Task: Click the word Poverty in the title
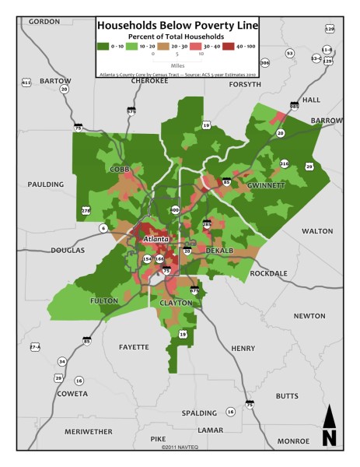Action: click(201, 25)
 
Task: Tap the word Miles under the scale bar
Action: click(180, 65)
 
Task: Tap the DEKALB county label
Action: click(221, 251)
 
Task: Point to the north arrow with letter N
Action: click(329, 427)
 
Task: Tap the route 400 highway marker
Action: click(174, 210)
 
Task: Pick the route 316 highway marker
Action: click(285, 163)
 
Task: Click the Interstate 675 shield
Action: click(194, 290)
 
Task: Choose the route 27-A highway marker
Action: click(34, 346)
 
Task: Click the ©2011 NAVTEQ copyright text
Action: click(180, 448)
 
